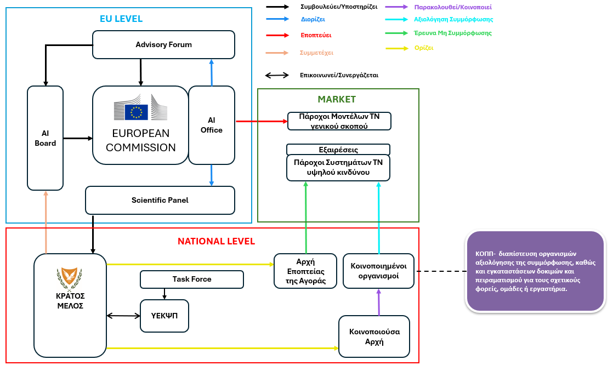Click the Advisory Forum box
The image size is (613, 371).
(163, 44)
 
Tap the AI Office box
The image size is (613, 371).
(212, 125)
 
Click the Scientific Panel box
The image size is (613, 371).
(160, 200)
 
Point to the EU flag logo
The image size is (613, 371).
(136, 112)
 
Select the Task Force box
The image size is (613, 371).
(192, 279)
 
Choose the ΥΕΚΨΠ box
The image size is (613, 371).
(164, 316)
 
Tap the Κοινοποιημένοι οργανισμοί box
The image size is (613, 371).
(378, 271)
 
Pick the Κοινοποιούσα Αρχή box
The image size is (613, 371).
(374, 336)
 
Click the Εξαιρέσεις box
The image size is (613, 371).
(338, 150)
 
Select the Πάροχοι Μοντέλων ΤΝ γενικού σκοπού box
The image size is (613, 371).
(339, 121)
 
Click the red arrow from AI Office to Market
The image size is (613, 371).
(261, 121)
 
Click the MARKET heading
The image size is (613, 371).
(337, 99)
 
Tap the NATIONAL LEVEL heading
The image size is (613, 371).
(216, 241)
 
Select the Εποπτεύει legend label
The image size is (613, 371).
(315, 35)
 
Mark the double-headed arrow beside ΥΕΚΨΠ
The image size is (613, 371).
(123, 316)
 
